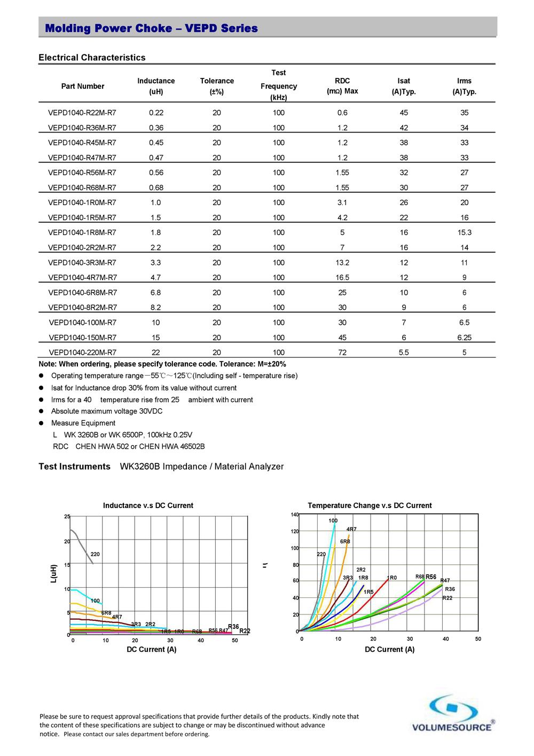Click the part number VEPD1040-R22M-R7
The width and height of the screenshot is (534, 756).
[x=82, y=113]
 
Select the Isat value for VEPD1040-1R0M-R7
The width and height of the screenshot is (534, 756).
[x=404, y=202]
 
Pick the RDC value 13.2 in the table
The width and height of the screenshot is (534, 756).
[x=342, y=262]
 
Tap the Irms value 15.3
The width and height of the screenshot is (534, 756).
[x=464, y=232]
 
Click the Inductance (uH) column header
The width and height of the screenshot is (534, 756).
[x=156, y=86]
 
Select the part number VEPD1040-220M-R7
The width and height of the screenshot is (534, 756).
[x=83, y=353]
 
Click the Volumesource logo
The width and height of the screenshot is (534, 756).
[x=453, y=713]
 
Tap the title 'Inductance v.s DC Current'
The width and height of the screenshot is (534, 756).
[x=148, y=505]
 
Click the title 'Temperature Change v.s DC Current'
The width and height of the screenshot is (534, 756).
[x=370, y=505]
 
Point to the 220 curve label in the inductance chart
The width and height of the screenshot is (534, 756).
[x=95, y=554]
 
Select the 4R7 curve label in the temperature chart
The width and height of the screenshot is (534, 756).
[x=351, y=529]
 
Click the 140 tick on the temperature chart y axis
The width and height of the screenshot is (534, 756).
[x=294, y=515]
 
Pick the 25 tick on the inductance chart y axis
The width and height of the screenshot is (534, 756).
[x=67, y=517]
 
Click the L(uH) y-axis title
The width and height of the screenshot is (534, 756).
[x=53, y=573]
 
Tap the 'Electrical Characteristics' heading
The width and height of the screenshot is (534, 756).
[x=92, y=58]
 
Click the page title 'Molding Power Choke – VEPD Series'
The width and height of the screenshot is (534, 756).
[x=151, y=28]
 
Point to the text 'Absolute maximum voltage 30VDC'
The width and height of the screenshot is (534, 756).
[x=107, y=411]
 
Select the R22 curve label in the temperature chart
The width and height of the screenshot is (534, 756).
[x=447, y=598]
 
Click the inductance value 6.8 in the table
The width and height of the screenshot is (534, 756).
[x=155, y=293]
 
